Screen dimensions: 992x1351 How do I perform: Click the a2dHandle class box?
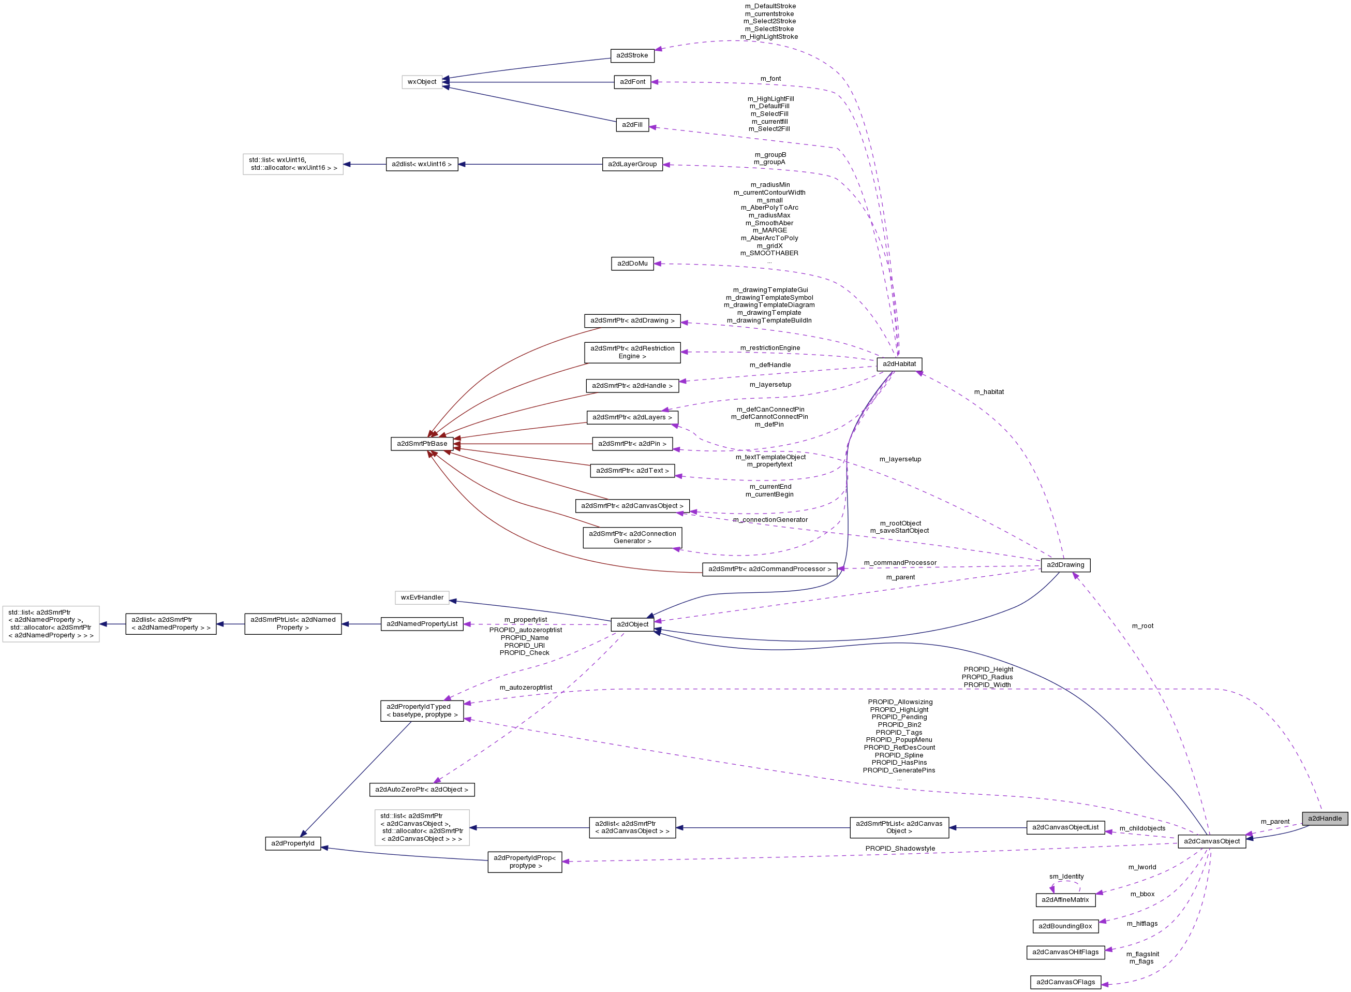(1325, 819)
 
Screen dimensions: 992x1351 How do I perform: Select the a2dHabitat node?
(899, 364)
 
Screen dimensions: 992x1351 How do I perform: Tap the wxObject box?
(422, 82)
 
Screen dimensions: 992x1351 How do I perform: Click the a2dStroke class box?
(632, 55)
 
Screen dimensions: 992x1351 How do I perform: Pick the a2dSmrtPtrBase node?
(422, 444)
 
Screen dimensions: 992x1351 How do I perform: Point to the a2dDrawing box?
(1065, 565)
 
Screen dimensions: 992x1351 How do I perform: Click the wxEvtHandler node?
(422, 597)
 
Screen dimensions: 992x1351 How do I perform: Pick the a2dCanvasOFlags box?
(1065, 982)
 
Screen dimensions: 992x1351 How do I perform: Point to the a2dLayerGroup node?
(632, 164)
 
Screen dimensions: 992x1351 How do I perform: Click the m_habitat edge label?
(988, 392)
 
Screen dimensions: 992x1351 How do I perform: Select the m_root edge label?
(1142, 626)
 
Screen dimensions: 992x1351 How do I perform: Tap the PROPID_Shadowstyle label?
(900, 849)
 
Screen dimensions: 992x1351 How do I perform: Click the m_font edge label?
(770, 79)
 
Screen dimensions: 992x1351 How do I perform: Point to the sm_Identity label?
(1066, 877)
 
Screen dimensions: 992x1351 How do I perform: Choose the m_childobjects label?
(1142, 829)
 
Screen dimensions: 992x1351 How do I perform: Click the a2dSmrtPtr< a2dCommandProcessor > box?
(769, 568)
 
